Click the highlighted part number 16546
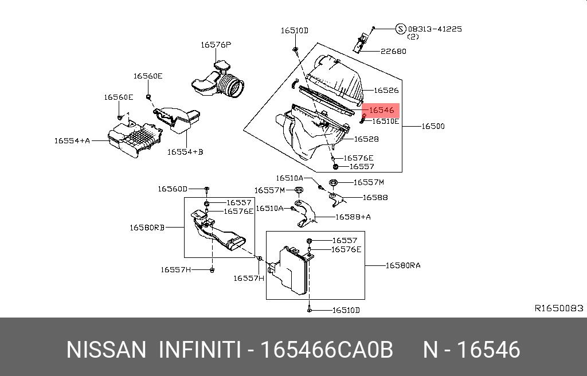(x=381, y=111)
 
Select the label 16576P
(x=216, y=44)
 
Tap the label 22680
(x=393, y=51)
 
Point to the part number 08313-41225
(x=435, y=29)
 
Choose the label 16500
(x=433, y=126)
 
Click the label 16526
(x=386, y=90)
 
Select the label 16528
(x=366, y=139)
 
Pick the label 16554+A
(x=72, y=140)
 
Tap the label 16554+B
(x=185, y=152)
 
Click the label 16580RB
(x=147, y=227)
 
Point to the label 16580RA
(x=402, y=265)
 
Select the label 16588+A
(x=353, y=217)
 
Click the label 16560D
(x=173, y=189)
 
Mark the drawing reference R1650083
(x=559, y=308)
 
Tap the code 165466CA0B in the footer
(x=327, y=350)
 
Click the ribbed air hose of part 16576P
(x=232, y=86)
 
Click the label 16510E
(x=386, y=122)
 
